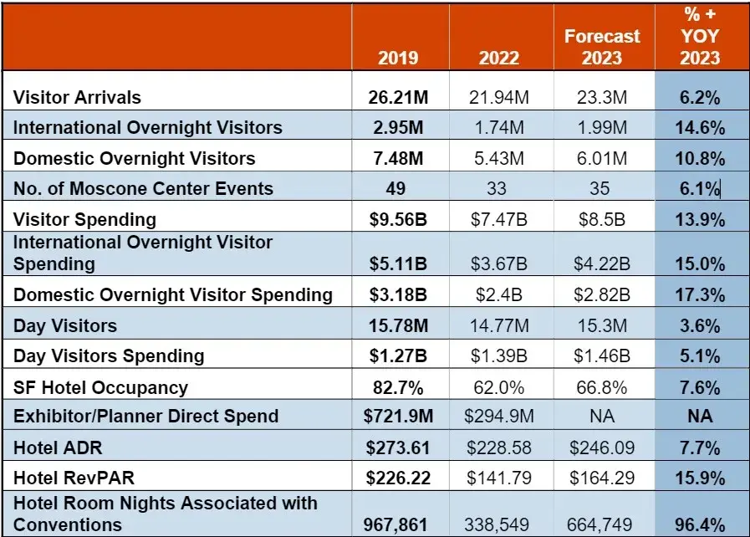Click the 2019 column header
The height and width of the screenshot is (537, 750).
click(x=398, y=58)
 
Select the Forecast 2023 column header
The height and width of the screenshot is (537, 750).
click(x=602, y=47)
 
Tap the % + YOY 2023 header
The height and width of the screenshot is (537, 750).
click(x=700, y=37)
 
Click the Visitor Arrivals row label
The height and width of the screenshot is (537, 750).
click(x=77, y=97)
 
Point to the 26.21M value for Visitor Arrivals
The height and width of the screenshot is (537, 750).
click(x=398, y=97)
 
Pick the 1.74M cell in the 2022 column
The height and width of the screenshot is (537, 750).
click(x=498, y=128)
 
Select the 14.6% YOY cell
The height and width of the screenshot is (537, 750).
click(x=700, y=128)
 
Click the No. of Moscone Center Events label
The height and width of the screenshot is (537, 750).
click(x=143, y=188)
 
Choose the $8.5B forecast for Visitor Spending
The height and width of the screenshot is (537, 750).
click(x=600, y=219)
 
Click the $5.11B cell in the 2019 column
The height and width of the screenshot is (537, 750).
click(x=398, y=264)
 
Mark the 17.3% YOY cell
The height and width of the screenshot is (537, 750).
click(x=700, y=294)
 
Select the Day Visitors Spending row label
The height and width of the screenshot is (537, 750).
click(x=109, y=355)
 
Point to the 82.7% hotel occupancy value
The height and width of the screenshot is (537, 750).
click(x=398, y=387)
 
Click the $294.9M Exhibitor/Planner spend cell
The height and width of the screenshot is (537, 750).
click(x=498, y=417)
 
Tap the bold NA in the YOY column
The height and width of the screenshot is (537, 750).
click(x=700, y=417)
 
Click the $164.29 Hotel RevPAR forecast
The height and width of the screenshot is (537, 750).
click(x=600, y=479)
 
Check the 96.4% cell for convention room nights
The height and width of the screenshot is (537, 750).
click(x=700, y=524)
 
